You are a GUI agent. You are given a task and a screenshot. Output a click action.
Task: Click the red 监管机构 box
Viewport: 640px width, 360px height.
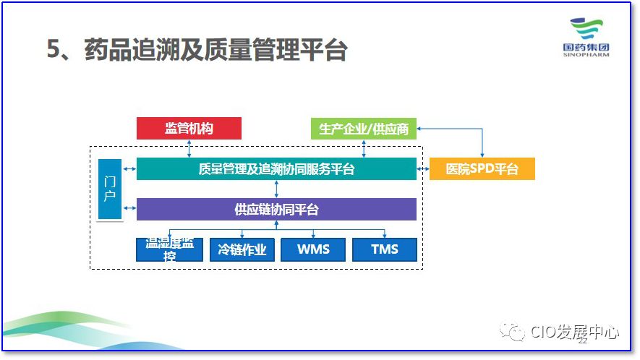tap(189, 129)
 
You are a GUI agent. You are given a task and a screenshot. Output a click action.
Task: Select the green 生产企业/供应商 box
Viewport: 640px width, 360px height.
tap(364, 129)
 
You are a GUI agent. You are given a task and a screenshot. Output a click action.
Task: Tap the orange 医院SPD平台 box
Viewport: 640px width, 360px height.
tap(482, 169)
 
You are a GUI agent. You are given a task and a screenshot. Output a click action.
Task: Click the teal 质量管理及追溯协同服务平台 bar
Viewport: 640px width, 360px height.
tap(276, 169)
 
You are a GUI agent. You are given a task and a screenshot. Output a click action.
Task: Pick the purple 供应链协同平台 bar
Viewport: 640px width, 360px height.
tap(276, 210)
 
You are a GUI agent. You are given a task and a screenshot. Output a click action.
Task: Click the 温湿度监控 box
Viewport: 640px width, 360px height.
tap(169, 249)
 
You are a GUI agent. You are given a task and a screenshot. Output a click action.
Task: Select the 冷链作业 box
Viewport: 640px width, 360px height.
tap(242, 249)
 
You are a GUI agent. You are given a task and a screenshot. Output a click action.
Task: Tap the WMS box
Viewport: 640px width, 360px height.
tap(313, 249)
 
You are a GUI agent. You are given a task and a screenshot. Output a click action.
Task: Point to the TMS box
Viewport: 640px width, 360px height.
tap(385, 249)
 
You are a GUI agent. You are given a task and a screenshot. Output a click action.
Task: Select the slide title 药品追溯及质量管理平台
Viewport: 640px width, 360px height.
tap(216, 50)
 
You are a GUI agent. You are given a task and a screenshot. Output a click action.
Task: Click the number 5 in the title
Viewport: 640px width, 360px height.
tap(53, 50)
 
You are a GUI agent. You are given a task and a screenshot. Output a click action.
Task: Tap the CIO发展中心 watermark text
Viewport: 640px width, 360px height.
tap(574, 333)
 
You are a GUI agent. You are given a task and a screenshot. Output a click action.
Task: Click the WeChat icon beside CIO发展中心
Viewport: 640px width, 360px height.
tap(514, 333)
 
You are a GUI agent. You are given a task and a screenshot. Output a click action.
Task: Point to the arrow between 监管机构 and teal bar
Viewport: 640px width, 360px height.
tap(189, 148)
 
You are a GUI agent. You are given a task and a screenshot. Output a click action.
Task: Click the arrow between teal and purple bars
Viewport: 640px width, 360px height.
tap(276, 189)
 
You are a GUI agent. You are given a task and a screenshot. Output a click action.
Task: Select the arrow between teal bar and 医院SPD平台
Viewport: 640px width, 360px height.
tap(423, 169)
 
